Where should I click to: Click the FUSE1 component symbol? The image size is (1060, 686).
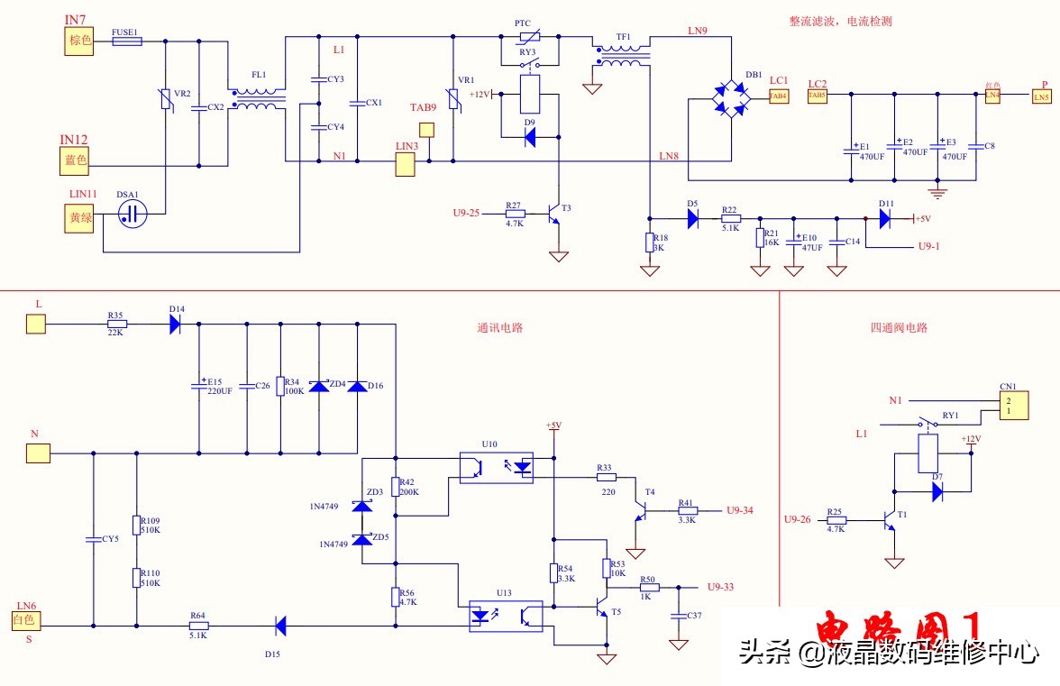tap(125, 41)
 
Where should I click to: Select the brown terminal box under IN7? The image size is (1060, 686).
tap(78, 41)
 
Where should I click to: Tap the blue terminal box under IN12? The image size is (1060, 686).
tap(77, 160)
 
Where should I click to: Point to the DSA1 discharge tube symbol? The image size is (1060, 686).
tap(133, 214)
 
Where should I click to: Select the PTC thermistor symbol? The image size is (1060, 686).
tap(528, 38)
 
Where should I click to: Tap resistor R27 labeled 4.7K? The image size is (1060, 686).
tap(515, 214)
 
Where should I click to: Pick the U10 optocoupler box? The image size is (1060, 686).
tap(496, 467)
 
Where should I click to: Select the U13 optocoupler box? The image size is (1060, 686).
tap(505, 616)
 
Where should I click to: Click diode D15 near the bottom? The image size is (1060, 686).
tap(279, 625)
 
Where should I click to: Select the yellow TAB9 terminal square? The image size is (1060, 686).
tap(428, 128)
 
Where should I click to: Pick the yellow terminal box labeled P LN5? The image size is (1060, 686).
tap(1041, 96)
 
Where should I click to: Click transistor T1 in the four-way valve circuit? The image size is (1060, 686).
tap(890, 521)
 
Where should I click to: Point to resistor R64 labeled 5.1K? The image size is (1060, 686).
tap(198, 626)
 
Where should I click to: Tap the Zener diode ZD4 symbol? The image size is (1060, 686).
tap(317, 386)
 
